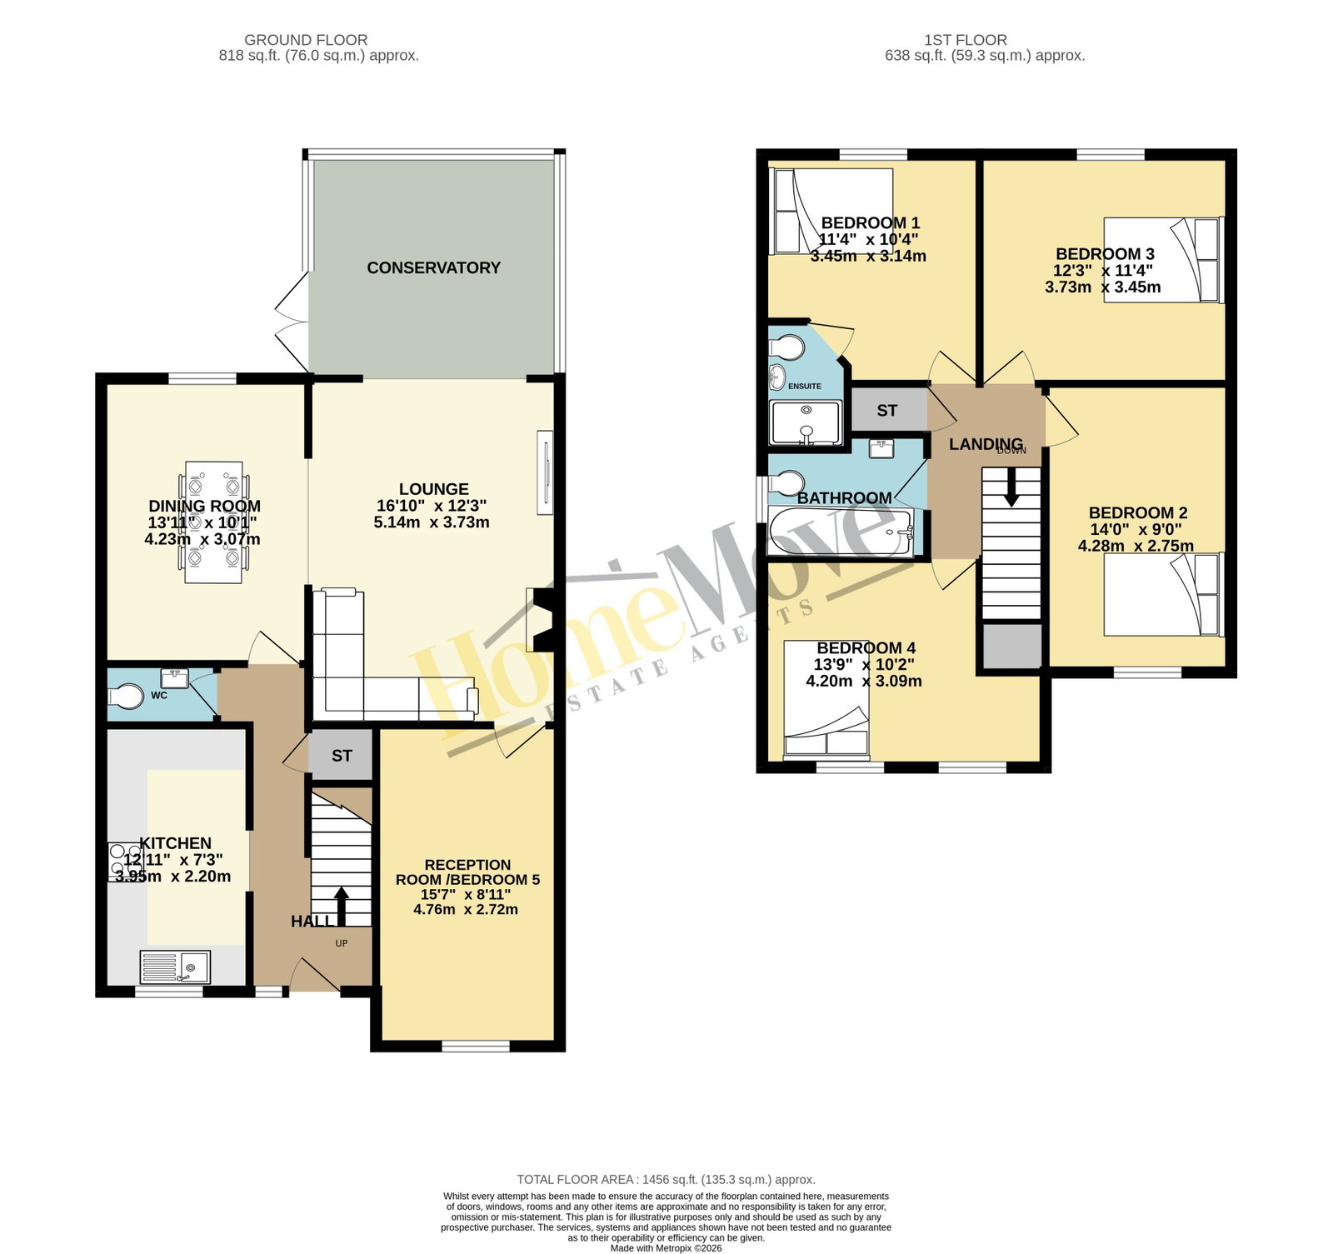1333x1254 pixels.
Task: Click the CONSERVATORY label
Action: pyautogui.click(x=433, y=267)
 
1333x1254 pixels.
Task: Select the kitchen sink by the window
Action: pyautogui.click(x=175, y=967)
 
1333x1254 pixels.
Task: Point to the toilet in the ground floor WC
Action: pyautogui.click(x=126, y=696)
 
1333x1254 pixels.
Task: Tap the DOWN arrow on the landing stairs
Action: pyautogui.click(x=1011, y=487)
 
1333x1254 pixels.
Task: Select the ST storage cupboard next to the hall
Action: pyautogui.click(x=342, y=756)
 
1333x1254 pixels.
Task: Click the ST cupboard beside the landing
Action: pyautogui.click(x=888, y=410)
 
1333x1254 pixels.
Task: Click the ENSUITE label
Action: pyautogui.click(x=805, y=386)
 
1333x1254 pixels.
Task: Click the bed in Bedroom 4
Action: pyautogui.click(x=826, y=698)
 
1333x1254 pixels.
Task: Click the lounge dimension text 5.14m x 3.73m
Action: pyautogui.click(x=432, y=522)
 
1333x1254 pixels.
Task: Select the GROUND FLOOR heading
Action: pyautogui.click(x=306, y=40)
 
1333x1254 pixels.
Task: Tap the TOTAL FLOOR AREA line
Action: pyautogui.click(x=666, y=1179)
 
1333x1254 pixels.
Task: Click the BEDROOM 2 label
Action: pyautogui.click(x=1138, y=512)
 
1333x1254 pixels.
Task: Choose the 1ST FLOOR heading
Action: pyautogui.click(x=966, y=40)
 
